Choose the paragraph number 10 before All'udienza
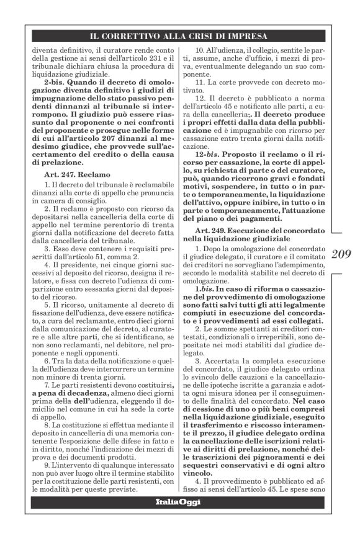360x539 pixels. (200, 49)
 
